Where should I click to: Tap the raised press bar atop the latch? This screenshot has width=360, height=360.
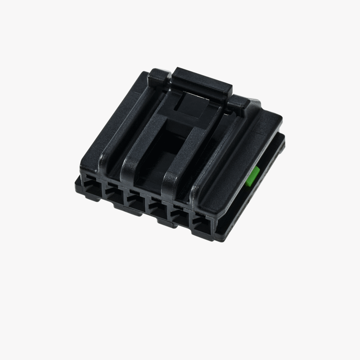click(202, 81)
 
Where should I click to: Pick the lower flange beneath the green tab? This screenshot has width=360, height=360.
click(262, 192)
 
